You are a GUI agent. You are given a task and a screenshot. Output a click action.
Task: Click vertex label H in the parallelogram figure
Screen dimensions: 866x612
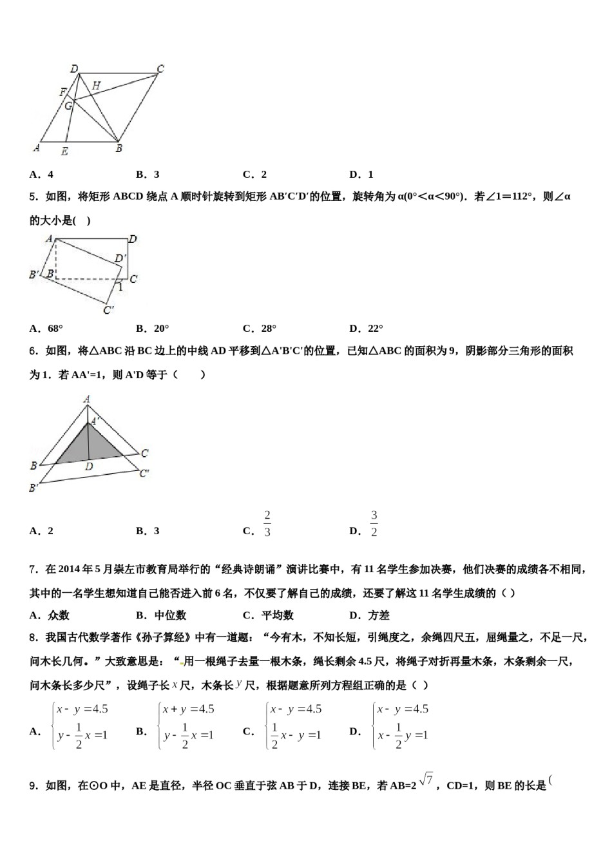coord(95,85)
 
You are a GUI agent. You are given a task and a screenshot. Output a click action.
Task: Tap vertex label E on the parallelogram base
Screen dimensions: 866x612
coord(64,152)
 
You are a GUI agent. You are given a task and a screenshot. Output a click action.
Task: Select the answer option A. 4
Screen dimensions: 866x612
coord(41,174)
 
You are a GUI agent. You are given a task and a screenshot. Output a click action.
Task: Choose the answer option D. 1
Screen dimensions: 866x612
coord(361,174)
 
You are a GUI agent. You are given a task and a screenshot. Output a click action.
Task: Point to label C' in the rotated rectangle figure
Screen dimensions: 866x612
coord(108,310)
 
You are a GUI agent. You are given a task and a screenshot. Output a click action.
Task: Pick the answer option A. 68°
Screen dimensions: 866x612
coord(46,328)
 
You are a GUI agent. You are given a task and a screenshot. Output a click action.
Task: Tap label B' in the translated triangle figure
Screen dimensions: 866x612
coord(33,488)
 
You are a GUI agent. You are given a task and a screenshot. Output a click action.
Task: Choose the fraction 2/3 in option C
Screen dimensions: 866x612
coord(267,524)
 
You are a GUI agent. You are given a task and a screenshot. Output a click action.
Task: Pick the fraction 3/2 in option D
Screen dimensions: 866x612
coord(374,524)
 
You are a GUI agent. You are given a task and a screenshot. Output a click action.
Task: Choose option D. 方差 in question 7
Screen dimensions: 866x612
coord(369,615)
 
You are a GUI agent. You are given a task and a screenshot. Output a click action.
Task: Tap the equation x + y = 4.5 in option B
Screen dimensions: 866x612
coord(188,709)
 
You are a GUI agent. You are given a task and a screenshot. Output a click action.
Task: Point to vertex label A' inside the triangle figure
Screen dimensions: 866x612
coord(95,421)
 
